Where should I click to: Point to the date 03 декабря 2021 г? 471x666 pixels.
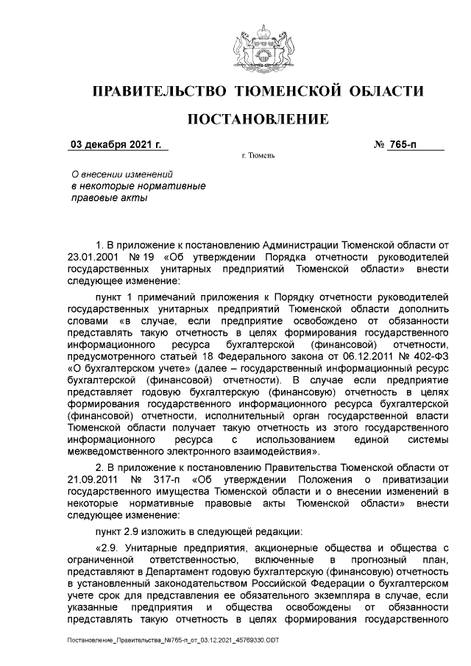pos(115,144)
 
